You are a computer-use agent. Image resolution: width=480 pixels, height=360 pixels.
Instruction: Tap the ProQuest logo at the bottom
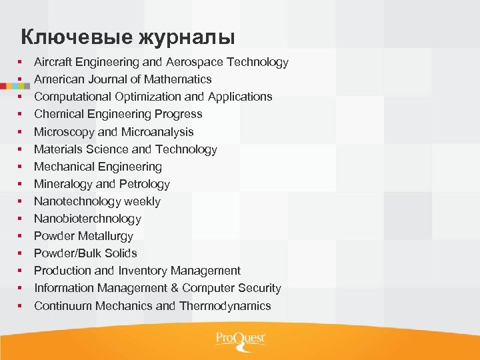click(240, 339)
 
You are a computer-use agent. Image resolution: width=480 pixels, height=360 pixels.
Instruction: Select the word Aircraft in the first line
click(53, 62)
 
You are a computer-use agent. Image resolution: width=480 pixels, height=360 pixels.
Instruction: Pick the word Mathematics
click(180, 79)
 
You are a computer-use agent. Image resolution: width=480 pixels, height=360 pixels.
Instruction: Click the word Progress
click(179, 114)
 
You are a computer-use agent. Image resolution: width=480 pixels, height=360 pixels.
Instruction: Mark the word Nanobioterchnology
click(87, 219)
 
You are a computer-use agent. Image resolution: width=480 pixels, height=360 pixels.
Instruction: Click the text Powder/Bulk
click(67, 253)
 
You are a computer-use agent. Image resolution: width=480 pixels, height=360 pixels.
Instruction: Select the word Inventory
click(142, 271)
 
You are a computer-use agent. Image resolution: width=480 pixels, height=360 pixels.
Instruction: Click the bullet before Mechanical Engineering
click(21, 167)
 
